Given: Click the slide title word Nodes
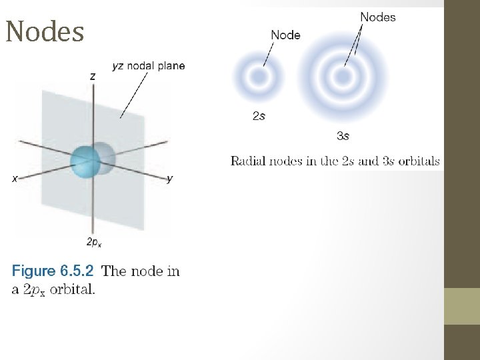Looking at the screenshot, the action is [45, 31].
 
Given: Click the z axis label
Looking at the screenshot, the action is [92, 77].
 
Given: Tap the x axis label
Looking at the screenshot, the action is [15, 179].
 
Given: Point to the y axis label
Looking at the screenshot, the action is [169, 179].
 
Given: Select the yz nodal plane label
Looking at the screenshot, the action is [148, 65].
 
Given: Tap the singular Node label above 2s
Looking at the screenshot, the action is [285, 35].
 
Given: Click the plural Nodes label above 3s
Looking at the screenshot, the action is [378, 17].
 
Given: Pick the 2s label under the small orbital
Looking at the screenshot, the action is [259, 116].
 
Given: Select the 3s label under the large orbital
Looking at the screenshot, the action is [343, 135].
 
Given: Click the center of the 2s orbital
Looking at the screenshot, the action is [258, 77].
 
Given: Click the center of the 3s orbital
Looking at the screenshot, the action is [343, 77].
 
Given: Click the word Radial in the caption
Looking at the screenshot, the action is [248, 161].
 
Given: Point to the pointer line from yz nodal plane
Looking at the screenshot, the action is [133, 96].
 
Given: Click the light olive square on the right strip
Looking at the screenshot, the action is [462, 306].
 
